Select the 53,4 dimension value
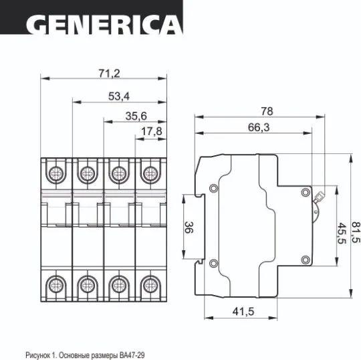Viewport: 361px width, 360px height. click(118, 95)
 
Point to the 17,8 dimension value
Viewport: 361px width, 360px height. click(152, 132)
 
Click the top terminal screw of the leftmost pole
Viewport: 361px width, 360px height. click(54, 175)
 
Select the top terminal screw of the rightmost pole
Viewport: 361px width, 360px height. click(150, 175)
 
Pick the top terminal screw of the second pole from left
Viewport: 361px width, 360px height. click(86, 175)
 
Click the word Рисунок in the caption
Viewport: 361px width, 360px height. click(39, 350)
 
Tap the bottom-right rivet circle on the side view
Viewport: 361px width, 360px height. click(306, 259)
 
